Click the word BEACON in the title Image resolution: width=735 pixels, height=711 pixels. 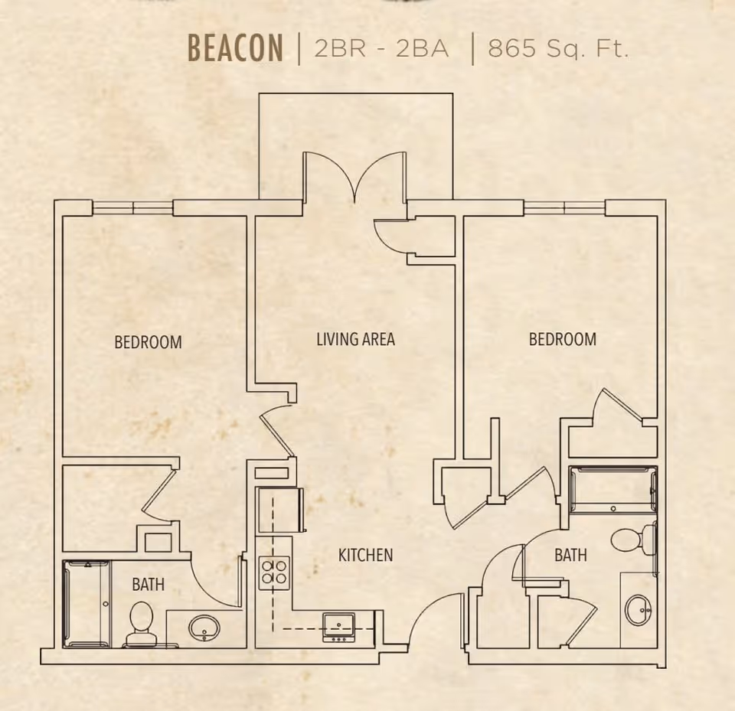[235, 47]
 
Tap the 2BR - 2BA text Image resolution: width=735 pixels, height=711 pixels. [381, 48]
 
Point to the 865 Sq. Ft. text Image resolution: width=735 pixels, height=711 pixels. [558, 48]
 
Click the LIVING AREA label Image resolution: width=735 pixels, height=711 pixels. [355, 339]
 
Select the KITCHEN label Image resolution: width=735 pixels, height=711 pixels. [366, 555]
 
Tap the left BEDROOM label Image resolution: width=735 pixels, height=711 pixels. [148, 341]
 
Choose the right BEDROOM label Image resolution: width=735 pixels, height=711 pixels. [563, 339]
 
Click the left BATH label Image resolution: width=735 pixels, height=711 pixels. [148, 585]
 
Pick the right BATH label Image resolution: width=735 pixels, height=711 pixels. [570, 555]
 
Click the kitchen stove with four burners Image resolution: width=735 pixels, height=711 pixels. [274, 572]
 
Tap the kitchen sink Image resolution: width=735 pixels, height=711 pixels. [339, 627]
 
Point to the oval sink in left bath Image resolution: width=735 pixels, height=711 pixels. [204, 628]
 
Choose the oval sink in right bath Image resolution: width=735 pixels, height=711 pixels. [639, 610]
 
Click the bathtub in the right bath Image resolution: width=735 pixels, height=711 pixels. [612, 489]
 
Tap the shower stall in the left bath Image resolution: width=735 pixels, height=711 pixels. [87, 604]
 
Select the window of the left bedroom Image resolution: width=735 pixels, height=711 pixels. [132, 207]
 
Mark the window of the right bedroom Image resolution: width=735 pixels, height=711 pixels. [564, 207]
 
